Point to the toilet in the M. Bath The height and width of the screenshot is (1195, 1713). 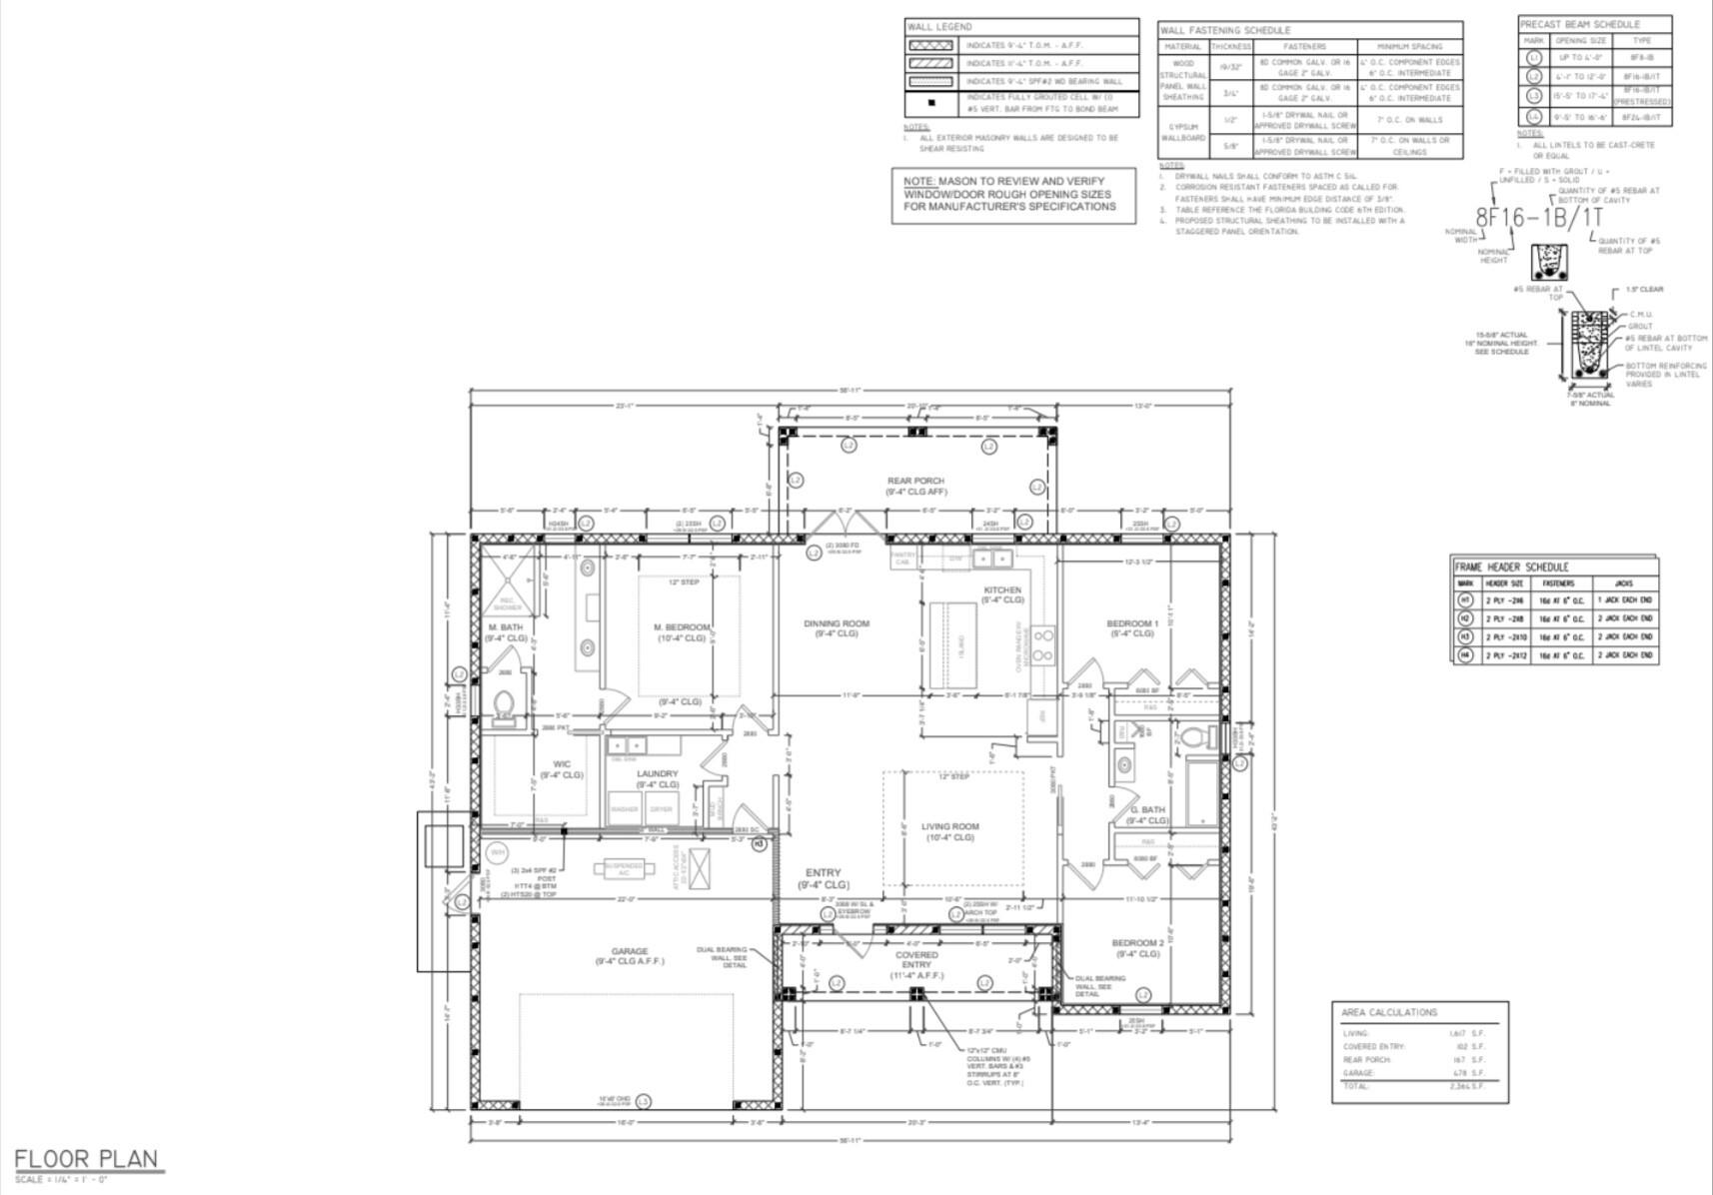505,706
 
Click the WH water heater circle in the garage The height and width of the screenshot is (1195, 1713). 497,852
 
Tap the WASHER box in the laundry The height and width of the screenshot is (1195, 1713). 624,808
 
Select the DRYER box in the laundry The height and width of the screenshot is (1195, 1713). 661,808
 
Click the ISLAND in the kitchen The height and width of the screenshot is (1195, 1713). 952,644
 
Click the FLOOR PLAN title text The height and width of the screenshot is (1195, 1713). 87,1159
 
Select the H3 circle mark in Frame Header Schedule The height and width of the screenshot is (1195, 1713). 1465,636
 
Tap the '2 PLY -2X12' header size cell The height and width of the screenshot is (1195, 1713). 1505,655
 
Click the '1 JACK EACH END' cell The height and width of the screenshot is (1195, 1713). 1624,599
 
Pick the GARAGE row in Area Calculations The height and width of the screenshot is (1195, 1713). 1414,1072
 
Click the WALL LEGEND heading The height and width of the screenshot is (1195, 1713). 938,27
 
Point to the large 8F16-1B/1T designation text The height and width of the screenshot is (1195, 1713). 1539,217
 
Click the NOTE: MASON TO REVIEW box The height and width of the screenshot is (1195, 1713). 1012,195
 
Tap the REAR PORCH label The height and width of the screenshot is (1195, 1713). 915,486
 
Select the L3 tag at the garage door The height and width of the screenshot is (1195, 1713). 644,1101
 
